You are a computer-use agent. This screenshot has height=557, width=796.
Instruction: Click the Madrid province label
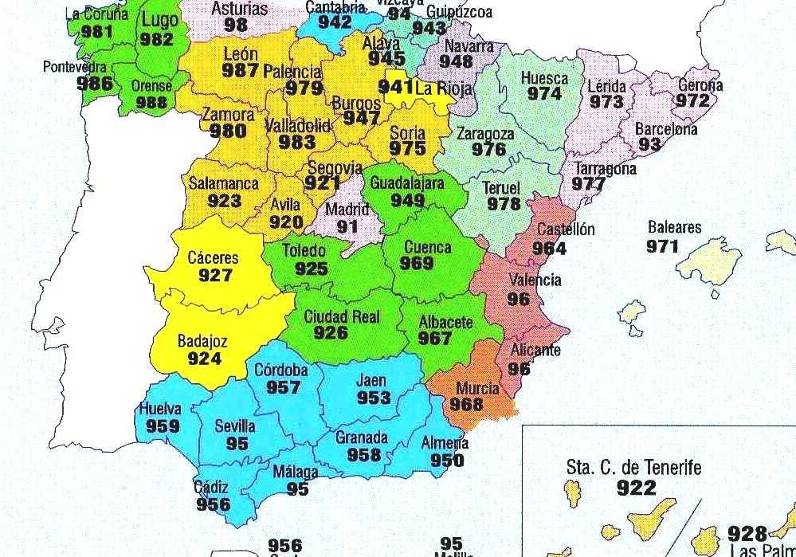348,210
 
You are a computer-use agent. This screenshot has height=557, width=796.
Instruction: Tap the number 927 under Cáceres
216,276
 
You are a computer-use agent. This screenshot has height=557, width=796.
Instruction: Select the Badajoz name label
202,342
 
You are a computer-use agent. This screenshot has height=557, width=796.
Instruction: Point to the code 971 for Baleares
662,245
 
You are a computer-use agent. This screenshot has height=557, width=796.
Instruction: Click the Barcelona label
666,129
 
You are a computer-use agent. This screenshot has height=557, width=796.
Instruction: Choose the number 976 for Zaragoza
488,150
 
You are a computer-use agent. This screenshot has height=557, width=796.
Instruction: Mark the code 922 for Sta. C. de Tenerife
636,487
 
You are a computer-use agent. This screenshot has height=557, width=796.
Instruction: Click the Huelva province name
159,410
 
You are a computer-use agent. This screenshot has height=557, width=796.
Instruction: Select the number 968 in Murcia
466,405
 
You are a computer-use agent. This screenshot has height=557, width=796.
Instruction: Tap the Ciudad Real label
342,317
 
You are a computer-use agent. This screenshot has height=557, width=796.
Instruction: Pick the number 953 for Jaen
373,398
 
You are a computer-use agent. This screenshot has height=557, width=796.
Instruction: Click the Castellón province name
566,230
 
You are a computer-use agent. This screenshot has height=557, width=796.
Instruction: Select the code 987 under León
241,70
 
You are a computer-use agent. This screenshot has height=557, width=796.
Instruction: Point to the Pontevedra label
75,66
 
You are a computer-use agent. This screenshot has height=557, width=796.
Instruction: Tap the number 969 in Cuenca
418,264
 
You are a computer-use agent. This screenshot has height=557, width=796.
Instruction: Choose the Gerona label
700,85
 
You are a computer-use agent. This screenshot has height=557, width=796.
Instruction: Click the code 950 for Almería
447,461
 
